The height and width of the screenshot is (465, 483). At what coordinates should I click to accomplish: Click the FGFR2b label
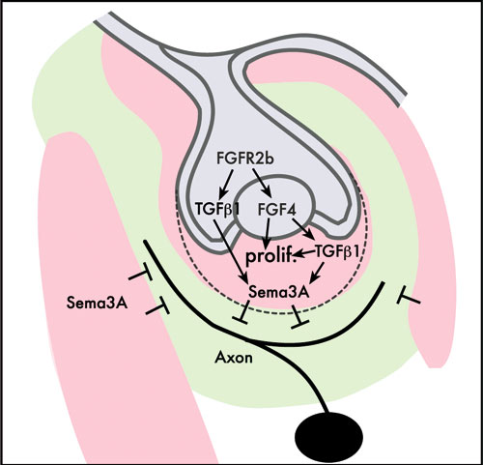coord(245,159)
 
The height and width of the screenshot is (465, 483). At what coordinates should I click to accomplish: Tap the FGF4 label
coord(277,210)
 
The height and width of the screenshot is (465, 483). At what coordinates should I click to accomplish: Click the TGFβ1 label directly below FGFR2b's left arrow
coord(217,210)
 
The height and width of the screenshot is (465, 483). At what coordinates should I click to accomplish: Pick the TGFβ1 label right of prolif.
coord(337,251)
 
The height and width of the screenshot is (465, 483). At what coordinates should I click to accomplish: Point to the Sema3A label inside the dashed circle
coord(279,292)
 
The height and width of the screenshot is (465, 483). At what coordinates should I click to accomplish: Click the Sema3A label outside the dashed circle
coord(97,303)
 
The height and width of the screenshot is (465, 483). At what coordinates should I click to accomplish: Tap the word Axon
coord(234,358)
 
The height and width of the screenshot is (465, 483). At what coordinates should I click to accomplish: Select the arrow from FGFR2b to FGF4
coord(262,182)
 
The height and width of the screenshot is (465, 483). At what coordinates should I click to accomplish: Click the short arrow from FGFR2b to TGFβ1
coord(226,185)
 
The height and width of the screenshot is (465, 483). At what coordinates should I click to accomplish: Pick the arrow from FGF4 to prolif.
coord(267,235)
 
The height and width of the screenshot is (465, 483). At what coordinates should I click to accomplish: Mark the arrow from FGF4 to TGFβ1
coord(303,229)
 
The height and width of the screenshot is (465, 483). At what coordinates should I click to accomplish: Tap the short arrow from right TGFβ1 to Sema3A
coord(317,274)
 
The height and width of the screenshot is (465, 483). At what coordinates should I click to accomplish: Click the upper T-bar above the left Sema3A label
coord(141,275)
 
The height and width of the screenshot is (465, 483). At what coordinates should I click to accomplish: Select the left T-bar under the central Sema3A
coord(243,312)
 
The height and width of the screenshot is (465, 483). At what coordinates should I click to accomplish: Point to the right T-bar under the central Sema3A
coord(298,317)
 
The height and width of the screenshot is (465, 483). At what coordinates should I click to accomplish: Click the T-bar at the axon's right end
coord(409,298)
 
